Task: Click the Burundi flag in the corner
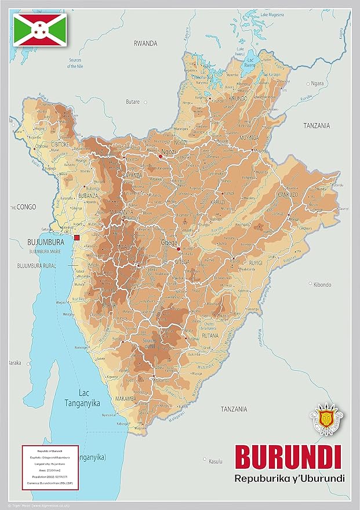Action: (40, 30)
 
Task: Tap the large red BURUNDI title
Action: (287, 457)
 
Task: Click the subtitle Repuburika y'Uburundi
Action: (289, 479)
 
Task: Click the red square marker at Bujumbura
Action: (77, 237)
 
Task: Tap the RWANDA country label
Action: (146, 44)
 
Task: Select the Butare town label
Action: (133, 102)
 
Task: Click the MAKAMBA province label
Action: (125, 399)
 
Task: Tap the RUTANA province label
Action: (208, 335)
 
